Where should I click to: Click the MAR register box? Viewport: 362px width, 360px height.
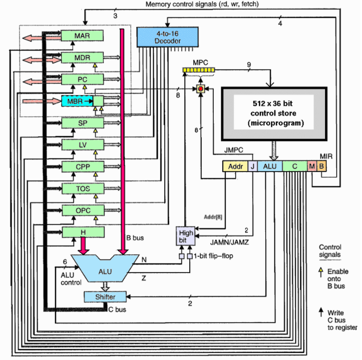pos(82,36)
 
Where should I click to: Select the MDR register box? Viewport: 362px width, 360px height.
pos(82,58)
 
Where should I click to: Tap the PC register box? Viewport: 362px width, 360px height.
pos(82,79)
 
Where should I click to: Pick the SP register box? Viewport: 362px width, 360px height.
pos(82,123)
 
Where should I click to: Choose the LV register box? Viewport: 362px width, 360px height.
pos(82,145)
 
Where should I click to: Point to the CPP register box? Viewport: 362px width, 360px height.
pos(82,166)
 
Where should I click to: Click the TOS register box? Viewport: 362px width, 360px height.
pos(82,188)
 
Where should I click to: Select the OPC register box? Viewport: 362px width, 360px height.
pos(82,210)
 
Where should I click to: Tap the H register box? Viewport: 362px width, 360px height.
pos(82,232)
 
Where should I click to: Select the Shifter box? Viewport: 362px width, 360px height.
pos(105,297)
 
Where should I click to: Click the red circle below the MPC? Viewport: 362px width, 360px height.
pos(201,88)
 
